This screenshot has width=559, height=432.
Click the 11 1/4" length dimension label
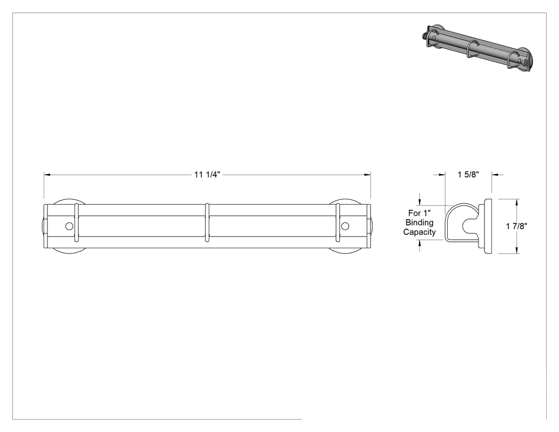tap(207, 174)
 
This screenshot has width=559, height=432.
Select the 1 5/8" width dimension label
tap(468, 174)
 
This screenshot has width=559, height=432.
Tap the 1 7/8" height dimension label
tap(516, 226)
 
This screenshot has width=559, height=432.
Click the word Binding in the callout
tap(420, 223)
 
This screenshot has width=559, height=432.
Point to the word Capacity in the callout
tap(420, 232)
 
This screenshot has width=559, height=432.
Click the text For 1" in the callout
tap(420, 213)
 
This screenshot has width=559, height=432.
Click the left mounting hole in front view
tap(69, 226)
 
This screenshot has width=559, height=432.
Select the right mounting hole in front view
tap(345, 226)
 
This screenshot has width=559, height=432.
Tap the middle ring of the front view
tap(207, 223)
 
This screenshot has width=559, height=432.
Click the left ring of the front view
tap(76, 223)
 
